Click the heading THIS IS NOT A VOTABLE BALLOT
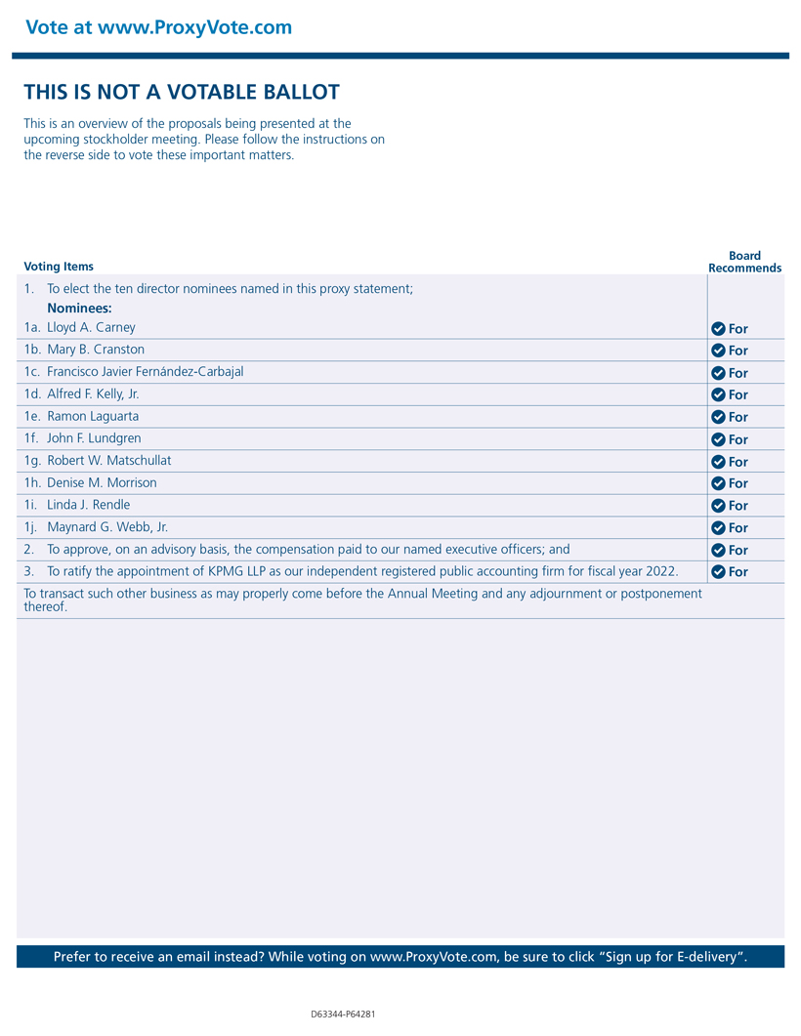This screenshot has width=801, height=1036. point(182,93)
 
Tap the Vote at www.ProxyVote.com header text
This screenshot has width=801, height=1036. point(158,27)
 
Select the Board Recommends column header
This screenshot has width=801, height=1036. point(744,262)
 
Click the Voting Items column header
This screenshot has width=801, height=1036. point(59,267)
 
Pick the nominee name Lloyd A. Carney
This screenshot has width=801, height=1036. point(91,328)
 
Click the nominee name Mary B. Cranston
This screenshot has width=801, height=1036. point(96,350)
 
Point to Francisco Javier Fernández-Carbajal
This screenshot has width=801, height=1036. point(146,372)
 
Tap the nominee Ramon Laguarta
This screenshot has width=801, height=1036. point(93,416)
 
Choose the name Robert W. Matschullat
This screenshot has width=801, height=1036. point(108,461)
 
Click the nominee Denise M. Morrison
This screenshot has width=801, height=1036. point(102,483)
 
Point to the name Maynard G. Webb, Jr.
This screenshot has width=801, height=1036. point(107,527)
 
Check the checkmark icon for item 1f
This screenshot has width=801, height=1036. point(718,439)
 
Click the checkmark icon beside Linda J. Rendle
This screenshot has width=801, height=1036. point(718,506)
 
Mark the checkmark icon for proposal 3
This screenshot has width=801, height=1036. point(718,572)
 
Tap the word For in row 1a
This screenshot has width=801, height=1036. point(738,329)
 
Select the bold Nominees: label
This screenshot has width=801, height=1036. point(79,309)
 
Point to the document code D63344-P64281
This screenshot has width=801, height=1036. point(343,1015)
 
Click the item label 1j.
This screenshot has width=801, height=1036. point(31,527)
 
